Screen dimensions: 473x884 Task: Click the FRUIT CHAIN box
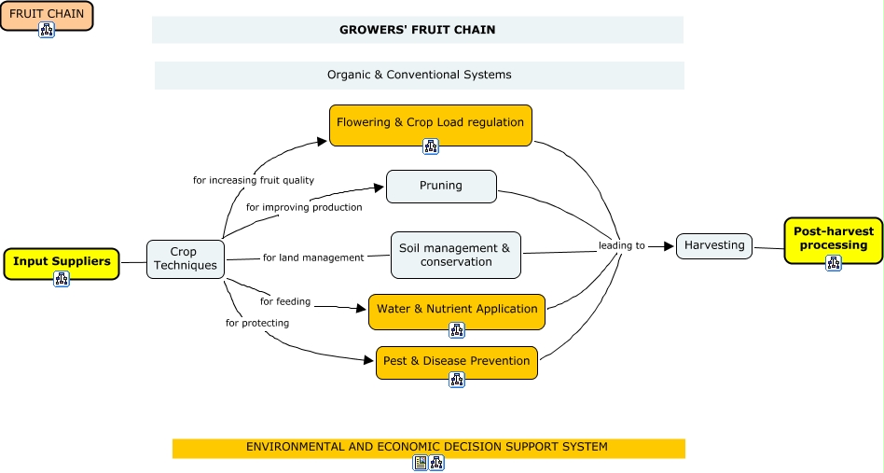pyautogui.click(x=47, y=13)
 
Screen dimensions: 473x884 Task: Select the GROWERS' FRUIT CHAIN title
pyautogui.click(x=417, y=30)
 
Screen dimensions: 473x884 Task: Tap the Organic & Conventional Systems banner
pyautogui.click(x=419, y=75)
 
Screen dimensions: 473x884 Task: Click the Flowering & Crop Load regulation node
pyautogui.click(x=430, y=122)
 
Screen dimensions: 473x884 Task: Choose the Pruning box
pyautogui.click(x=441, y=186)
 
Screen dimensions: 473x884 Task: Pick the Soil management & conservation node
pyautogui.click(x=455, y=255)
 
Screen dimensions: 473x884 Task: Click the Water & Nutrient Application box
pyautogui.click(x=457, y=309)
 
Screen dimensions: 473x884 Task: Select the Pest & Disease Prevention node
pyautogui.click(x=456, y=361)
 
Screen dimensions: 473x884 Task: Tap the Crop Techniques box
pyautogui.click(x=185, y=258)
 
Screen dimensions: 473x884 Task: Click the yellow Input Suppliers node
pyautogui.click(x=62, y=261)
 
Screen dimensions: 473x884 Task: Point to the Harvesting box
pyautogui.click(x=714, y=245)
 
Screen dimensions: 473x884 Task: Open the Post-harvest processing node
pyautogui.click(x=834, y=239)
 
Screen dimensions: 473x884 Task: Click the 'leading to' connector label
pyautogui.click(x=622, y=246)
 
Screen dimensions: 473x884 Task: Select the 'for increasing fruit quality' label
pyautogui.click(x=254, y=180)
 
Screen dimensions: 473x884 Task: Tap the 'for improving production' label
pyautogui.click(x=304, y=207)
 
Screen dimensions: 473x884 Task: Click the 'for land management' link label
pyautogui.click(x=313, y=257)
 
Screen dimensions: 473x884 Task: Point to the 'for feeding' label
pyautogui.click(x=285, y=301)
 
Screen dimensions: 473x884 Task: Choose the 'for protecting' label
pyautogui.click(x=257, y=323)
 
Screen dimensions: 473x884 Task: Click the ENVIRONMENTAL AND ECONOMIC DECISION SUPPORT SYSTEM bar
pyautogui.click(x=427, y=448)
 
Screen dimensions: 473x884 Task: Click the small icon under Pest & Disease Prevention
pyautogui.click(x=457, y=380)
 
